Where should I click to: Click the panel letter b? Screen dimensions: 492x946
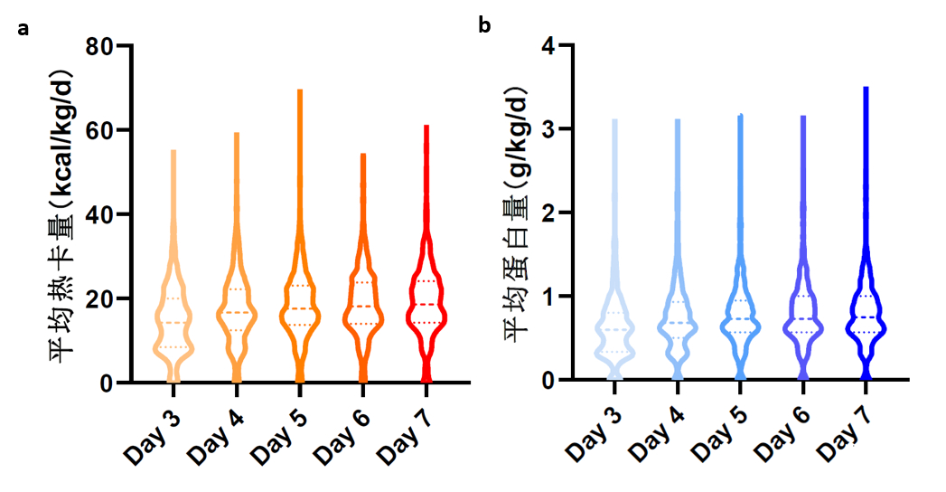tap(485, 24)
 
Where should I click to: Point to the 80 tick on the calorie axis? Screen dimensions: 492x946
tap(99, 46)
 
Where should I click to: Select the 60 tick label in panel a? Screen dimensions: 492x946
tap(99, 130)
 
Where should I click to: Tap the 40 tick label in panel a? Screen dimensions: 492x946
tap(99, 214)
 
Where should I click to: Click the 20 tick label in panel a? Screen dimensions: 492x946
tap(99, 298)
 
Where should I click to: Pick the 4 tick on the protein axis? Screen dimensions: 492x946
tap(548, 46)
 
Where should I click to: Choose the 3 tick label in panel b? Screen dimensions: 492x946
tap(548, 129)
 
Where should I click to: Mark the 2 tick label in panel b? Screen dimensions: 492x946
tap(548, 213)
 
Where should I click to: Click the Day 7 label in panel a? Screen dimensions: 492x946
tap(402, 426)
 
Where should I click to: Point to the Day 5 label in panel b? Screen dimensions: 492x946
tap(718, 426)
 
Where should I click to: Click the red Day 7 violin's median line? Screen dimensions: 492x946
tap(426, 304)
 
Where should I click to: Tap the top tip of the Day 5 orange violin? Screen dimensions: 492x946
tap(300, 91)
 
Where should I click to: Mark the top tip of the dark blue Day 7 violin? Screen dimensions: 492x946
tap(866, 89)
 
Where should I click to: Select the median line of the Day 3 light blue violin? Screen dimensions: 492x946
tap(614, 329)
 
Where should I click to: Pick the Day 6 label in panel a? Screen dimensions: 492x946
tap(339, 426)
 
